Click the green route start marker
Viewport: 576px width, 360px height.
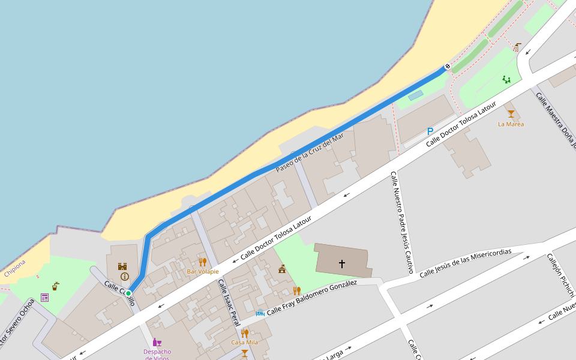[x=128, y=293]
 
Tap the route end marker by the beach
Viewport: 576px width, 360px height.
[x=447, y=66]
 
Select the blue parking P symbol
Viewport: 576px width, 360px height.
[x=430, y=131]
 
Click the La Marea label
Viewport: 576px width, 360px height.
[x=511, y=124]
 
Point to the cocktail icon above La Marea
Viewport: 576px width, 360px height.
[x=511, y=113]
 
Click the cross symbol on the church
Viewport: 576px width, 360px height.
[x=342, y=263]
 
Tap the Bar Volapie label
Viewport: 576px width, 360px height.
[x=203, y=272]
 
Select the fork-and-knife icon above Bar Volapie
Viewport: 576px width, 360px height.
[x=203, y=262]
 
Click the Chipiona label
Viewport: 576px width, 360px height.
[x=15, y=268]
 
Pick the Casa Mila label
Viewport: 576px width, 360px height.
[x=244, y=343]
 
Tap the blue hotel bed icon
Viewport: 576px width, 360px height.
[x=260, y=313]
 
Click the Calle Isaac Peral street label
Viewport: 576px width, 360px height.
[x=229, y=303]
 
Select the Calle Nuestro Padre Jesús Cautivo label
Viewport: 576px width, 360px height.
[x=402, y=222]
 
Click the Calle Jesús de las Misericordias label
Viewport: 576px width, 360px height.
[x=465, y=263]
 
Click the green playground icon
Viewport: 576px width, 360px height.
[x=507, y=79]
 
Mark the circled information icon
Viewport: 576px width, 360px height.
[x=124, y=277]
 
